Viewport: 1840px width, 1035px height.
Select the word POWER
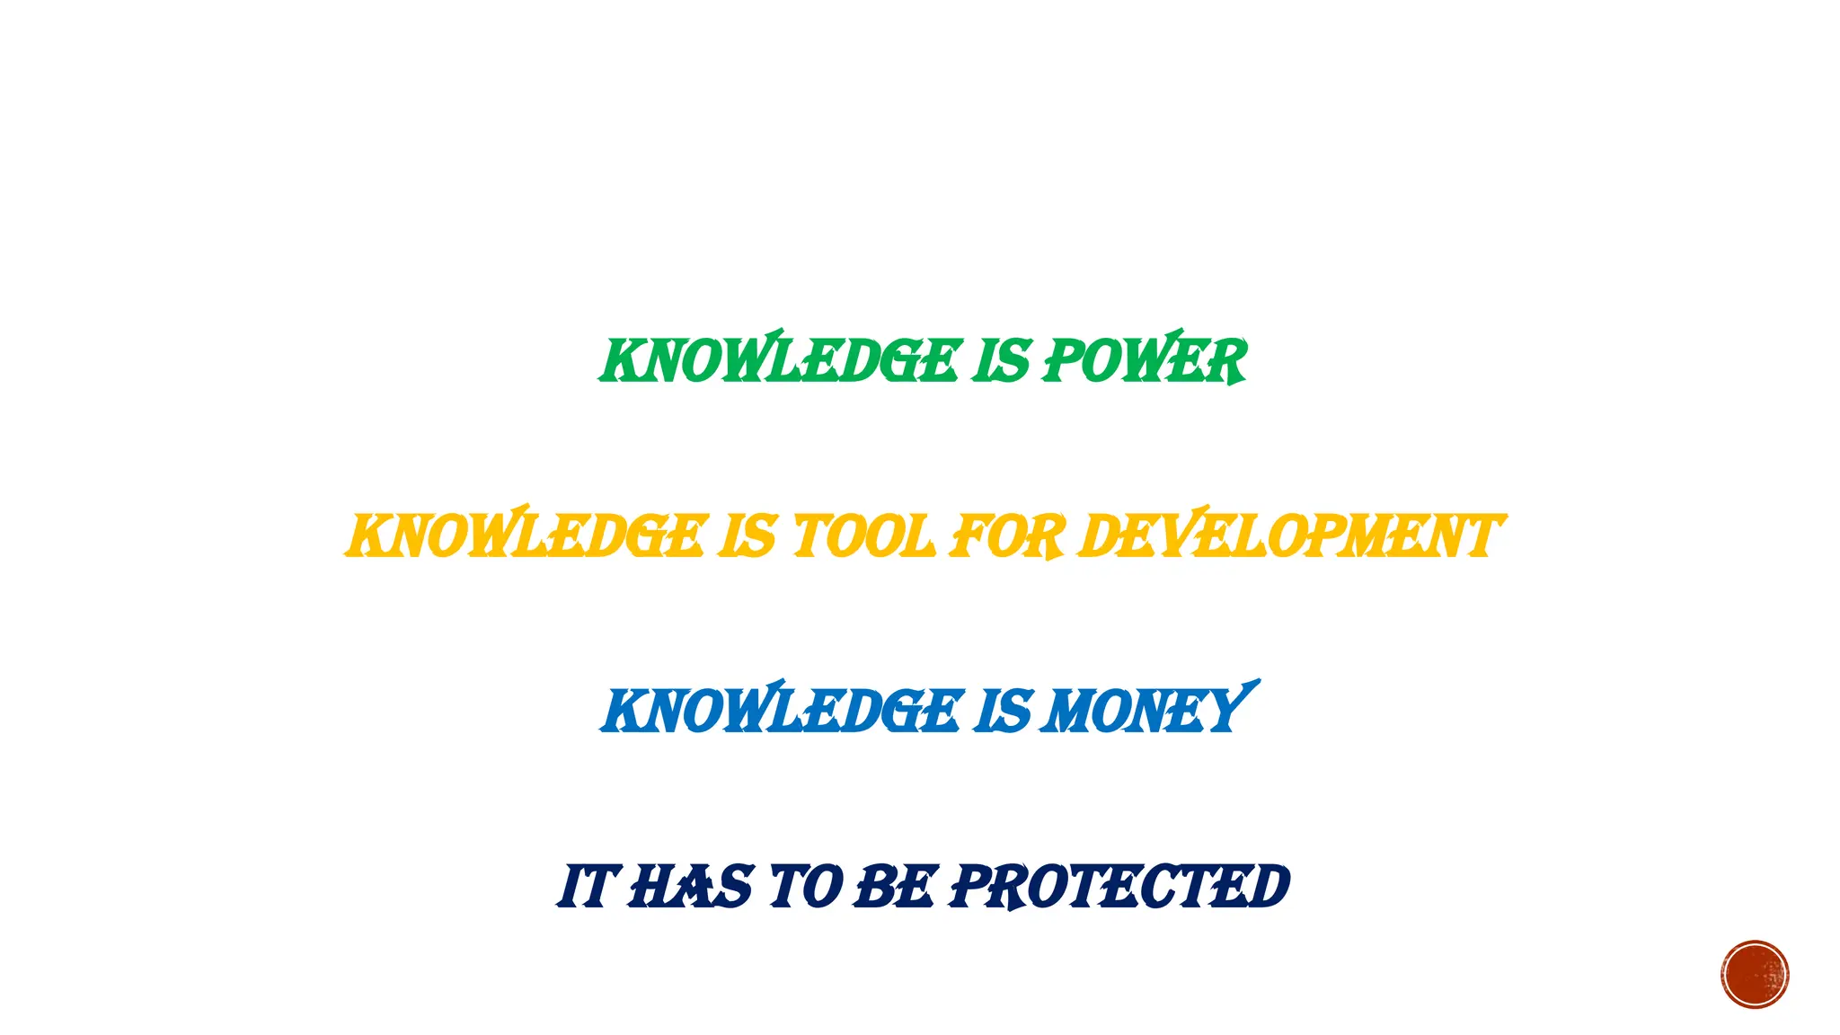pyautogui.click(x=1144, y=361)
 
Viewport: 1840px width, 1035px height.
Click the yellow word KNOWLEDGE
pyautogui.click(x=526, y=536)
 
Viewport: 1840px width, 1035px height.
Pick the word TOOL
pyautogui.click(x=862, y=536)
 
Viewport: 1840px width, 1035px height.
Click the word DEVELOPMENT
pyautogui.click(x=1289, y=536)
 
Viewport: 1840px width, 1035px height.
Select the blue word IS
pyautogui.click(x=1004, y=712)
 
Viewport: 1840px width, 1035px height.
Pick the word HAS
pyautogui.click(x=690, y=887)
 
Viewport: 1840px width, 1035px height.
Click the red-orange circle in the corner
pyautogui.click(x=1755, y=975)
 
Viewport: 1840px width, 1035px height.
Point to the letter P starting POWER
pyautogui.click(x=1063, y=361)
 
